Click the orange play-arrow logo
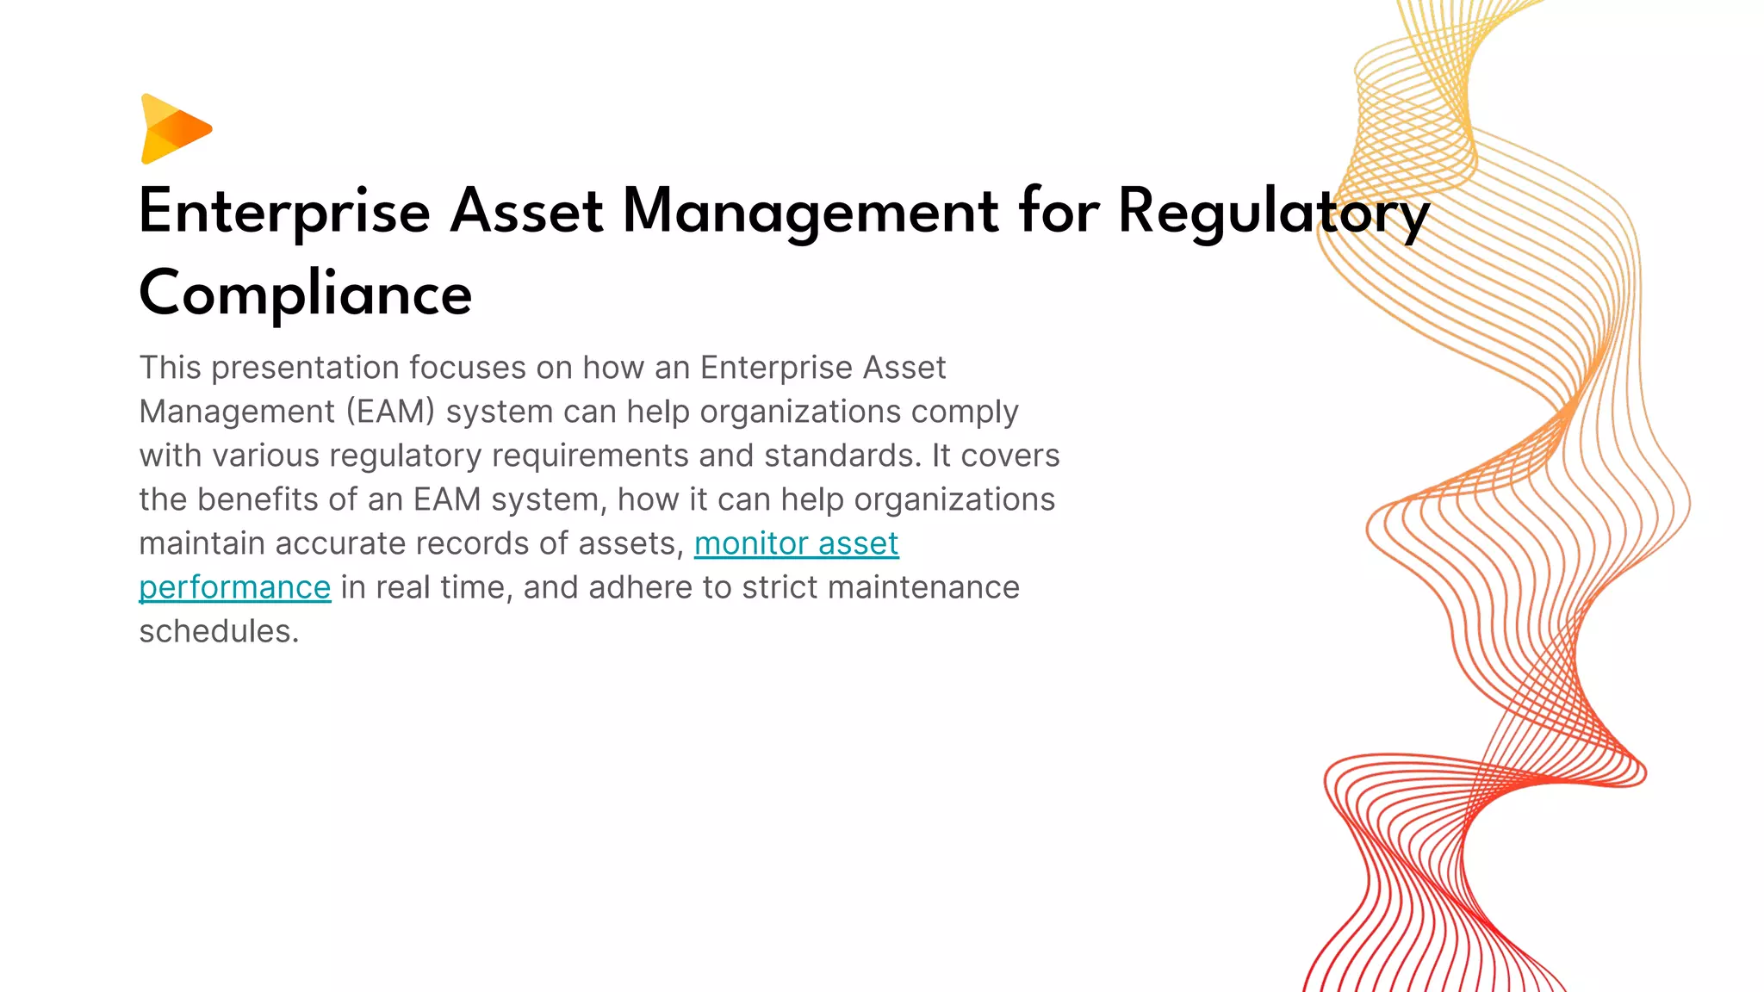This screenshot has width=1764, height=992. (x=175, y=129)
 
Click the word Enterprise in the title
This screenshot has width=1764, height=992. (x=284, y=212)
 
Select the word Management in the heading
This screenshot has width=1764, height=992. (x=810, y=212)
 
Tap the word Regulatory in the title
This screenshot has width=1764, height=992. (x=1273, y=212)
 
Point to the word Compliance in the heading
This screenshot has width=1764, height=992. (x=305, y=294)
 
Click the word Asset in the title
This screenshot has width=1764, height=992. (x=526, y=212)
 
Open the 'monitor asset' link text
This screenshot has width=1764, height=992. (x=796, y=543)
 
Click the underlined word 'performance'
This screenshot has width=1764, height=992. (x=234, y=587)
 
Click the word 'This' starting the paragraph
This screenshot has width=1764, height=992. (x=170, y=368)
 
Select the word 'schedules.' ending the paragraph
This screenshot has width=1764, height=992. (x=219, y=631)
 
